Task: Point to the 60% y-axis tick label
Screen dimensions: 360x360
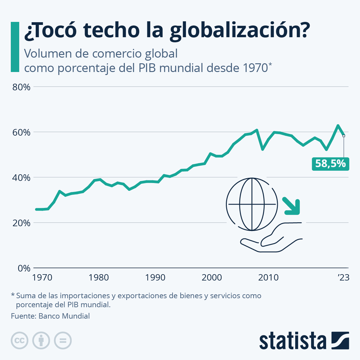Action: coord(21,132)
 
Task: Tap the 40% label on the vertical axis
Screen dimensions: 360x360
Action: coord(21,178)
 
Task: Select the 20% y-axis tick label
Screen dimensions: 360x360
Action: coord(21,223)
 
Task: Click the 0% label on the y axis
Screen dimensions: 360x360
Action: coord(24,268)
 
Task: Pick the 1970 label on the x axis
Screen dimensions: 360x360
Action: coord(42,277)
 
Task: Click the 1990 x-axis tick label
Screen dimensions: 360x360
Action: coord(155,277)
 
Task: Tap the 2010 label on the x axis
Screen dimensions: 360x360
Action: coord(268,277)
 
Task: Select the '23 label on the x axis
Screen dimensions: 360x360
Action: coord(343,277)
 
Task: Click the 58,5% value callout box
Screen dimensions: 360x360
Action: coord(330,164)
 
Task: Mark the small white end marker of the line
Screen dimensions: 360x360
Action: coord(344,136)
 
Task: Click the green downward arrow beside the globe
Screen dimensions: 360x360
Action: coord(292,206)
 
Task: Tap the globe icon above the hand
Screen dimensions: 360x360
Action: coord(252,204)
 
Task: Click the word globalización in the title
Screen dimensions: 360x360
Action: coord(239,30)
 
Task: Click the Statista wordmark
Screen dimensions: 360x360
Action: coord(293,341)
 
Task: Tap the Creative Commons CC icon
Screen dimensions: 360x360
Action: coord(19,341)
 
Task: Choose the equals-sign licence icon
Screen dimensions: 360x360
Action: coord(63,341)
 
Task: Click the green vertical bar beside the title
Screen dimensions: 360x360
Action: coord(15,47)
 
